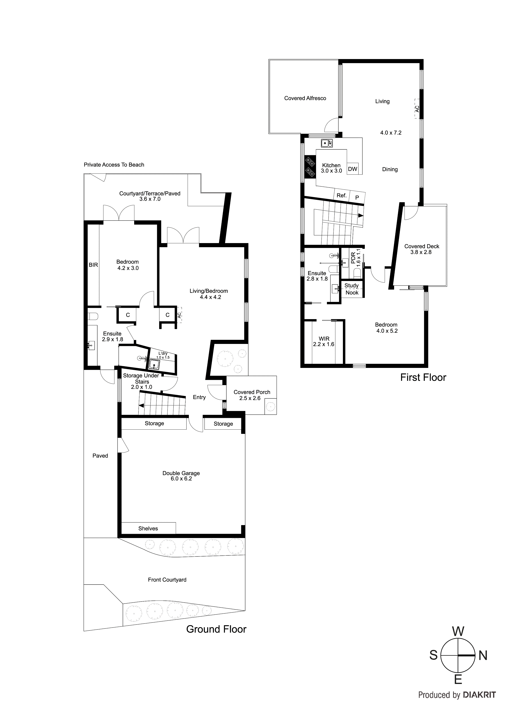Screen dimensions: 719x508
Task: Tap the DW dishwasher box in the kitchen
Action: pos(353,169)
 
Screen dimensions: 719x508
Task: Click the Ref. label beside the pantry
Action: pos(341,195)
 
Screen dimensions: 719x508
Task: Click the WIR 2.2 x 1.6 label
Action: pos(324,341)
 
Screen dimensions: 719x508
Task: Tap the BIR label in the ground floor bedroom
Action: pos(93,265)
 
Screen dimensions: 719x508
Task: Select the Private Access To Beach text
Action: pos(114,165)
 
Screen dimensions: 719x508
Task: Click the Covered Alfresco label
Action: pos(305,98)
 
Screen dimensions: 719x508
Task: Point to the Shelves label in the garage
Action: pos(148,529)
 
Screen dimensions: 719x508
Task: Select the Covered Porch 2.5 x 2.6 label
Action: pos(252,395)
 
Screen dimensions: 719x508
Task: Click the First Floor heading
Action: pos(423,377)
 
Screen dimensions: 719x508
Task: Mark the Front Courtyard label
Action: pos(167,580)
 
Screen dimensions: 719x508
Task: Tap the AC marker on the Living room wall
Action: pos(417,109)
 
